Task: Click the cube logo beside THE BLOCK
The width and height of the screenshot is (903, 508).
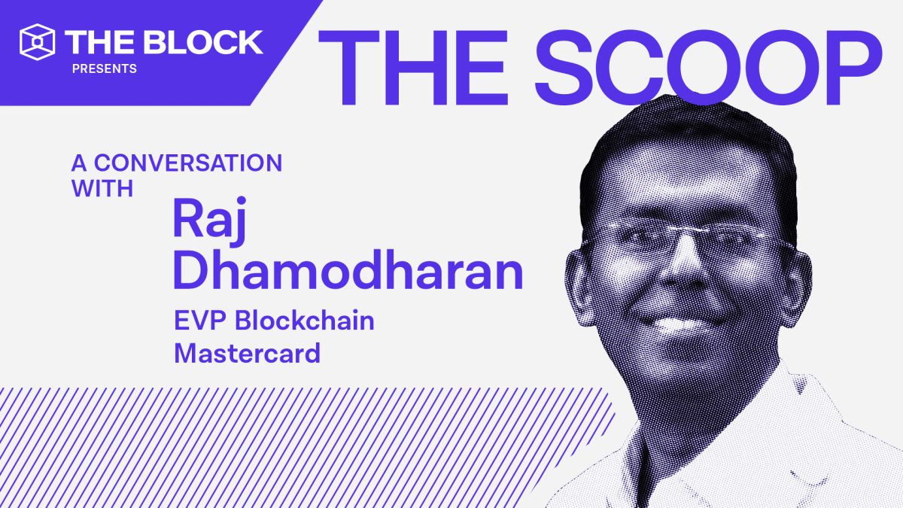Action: (37, 42)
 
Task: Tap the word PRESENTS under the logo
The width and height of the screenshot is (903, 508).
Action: (105, 69)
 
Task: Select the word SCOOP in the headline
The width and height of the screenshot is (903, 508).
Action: (708, 67)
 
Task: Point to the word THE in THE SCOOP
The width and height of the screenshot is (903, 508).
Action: (413, 67)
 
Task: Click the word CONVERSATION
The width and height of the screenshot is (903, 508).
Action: (188, 163)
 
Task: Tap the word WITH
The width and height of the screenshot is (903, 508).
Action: (102, 188)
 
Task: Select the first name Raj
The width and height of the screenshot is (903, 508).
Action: (209, 221)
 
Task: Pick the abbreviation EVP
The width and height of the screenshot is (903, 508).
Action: (200, 321)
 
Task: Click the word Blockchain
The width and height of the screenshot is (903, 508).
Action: (305, 321)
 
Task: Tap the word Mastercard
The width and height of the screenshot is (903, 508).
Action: (247, 353)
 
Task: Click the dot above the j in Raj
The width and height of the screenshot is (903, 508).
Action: (241, 201)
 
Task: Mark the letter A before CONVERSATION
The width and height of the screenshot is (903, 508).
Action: (79, 163)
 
